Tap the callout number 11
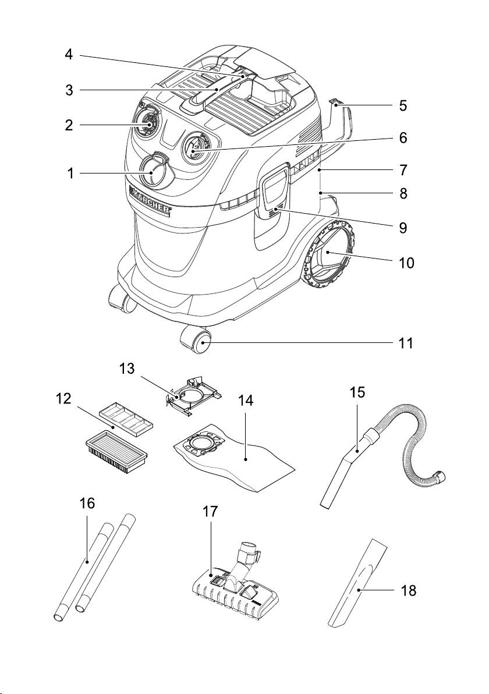tap(405, 343)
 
